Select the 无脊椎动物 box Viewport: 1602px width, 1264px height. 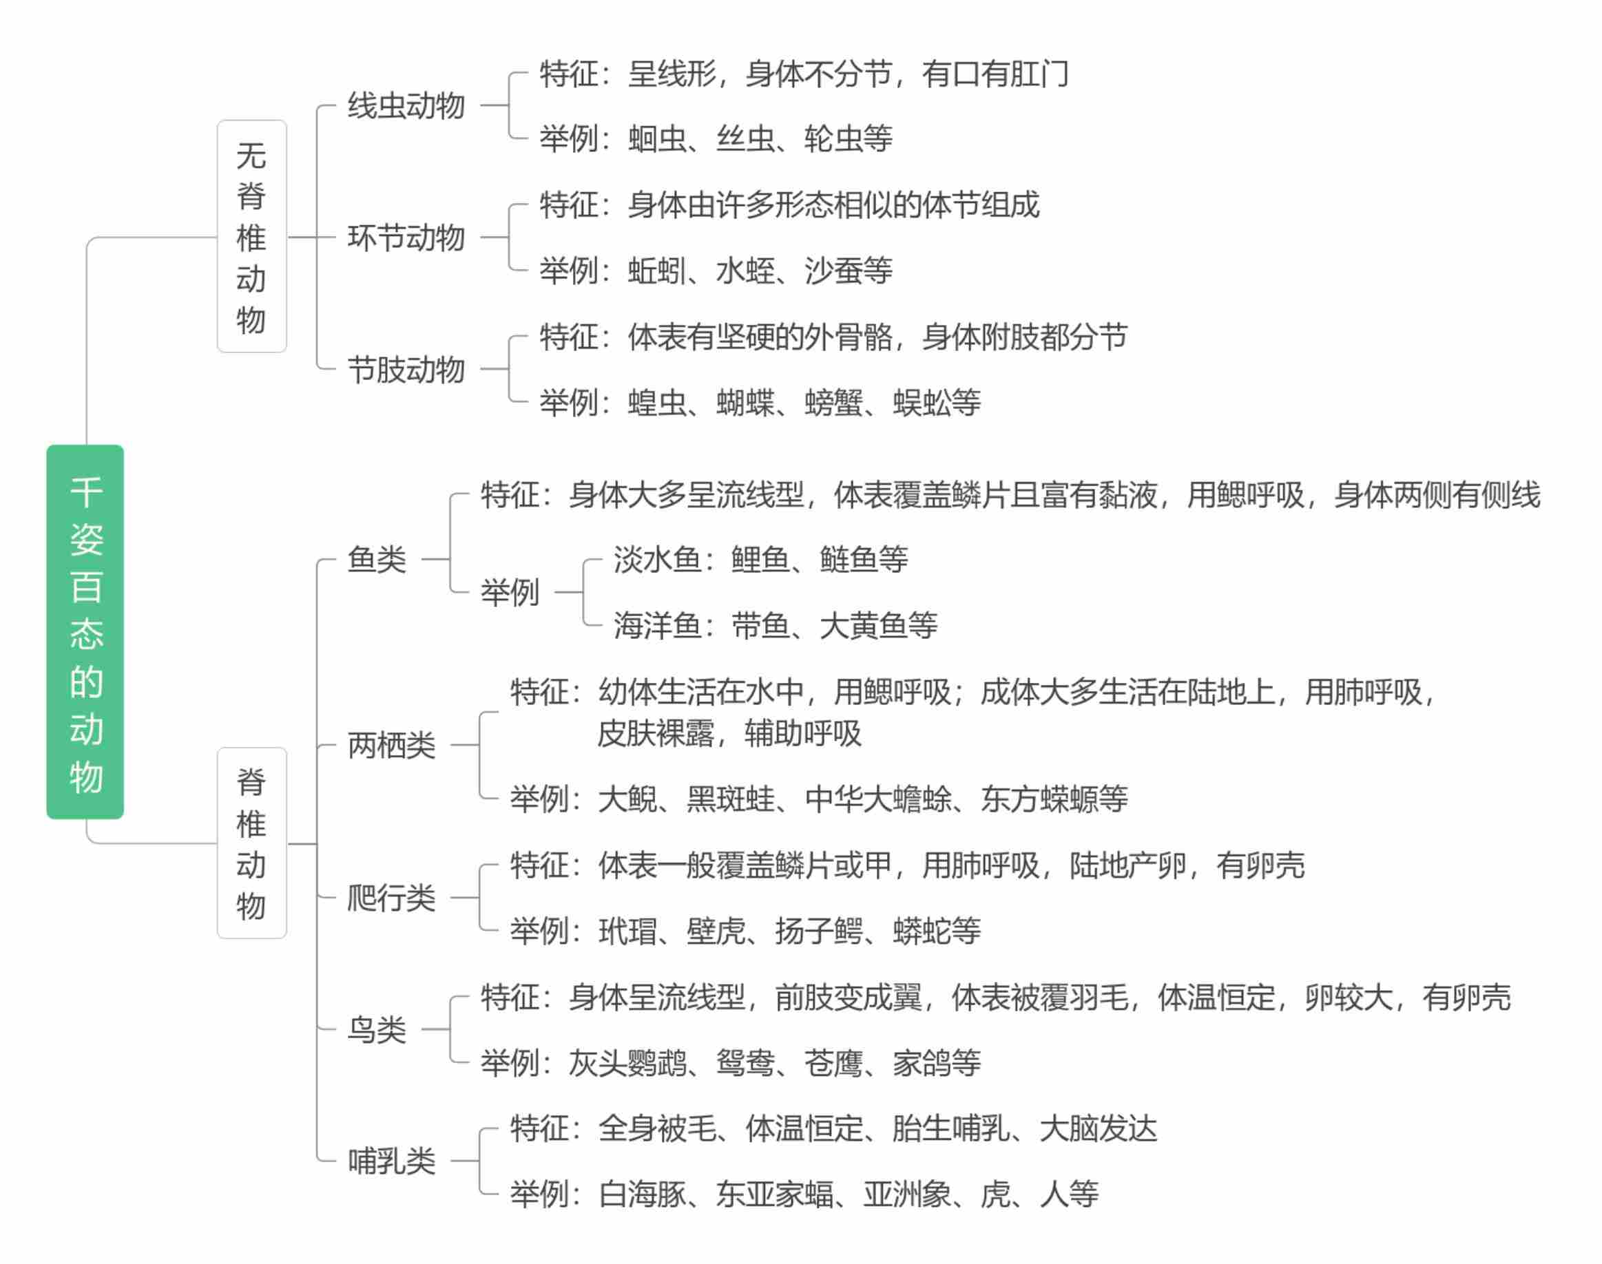pyautogui.click(x=251, y=237)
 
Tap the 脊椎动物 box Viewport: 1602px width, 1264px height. pyautogui.click(x=251, y=843)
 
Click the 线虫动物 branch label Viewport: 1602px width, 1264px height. pyautogui.click(x=406, y=106)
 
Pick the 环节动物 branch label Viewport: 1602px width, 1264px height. pyautogui.click(x=406, y=238)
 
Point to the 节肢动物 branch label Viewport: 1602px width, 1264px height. pyautogui.click(x=406, y=369)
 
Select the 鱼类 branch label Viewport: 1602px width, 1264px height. pyautogui.click(x=377, y=560)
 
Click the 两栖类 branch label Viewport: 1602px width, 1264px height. pyautogui.click(x=391, y=745)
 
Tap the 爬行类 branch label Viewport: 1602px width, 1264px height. pyautogui.click(x=391, y=898)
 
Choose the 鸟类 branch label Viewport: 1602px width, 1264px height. pyautogui.click(x=377, y=1029)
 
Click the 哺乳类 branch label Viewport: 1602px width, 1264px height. pyautogui.click(x=391, y=1161)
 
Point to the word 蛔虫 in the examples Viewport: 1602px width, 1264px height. pyautogui.click(x=656, y=139)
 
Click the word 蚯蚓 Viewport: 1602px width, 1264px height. pyautogui.click(x=656, y=271)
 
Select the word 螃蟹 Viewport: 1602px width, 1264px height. pyautogui.click(x=833, y=403)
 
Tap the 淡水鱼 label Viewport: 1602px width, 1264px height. pyautogui.click(x=656, y=560)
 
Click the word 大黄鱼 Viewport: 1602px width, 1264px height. pyautogui.click(x=863, y=626)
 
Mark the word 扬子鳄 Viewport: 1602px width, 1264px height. pyautogui.click(x=819, y=931)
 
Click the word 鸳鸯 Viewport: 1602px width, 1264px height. pyautogui.click(x=745, y=1064)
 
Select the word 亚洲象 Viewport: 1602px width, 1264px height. pyautogui.click(x=907, y=1194)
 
